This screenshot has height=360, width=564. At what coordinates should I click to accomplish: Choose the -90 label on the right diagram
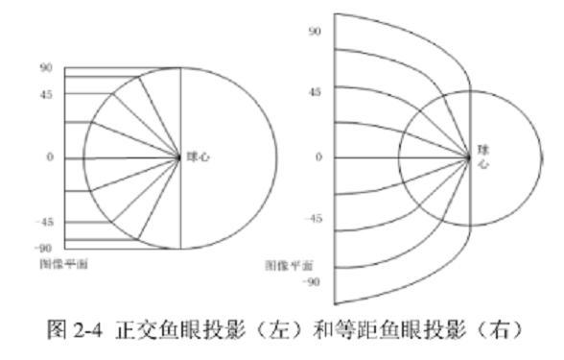click(x=313, y=283)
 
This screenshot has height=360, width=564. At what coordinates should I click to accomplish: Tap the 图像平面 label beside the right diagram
click(x=292, y=264)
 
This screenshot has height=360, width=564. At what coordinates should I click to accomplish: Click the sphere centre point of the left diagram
click(x=180, y=157)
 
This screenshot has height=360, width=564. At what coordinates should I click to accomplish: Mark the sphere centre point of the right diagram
click(x=469, y=156)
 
